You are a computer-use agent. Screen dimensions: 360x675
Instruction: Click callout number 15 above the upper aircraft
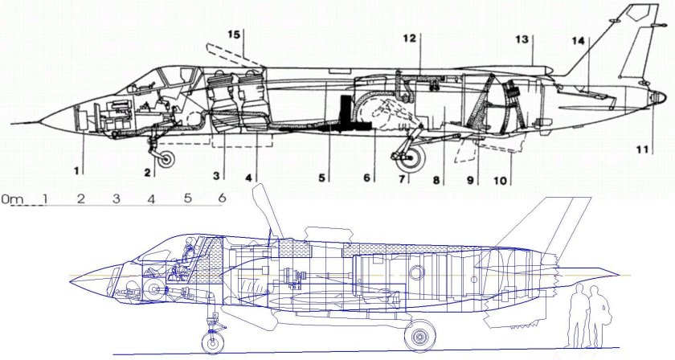(x=234, y=34)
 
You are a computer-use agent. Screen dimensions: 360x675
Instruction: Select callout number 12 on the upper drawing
(x=410, y=38)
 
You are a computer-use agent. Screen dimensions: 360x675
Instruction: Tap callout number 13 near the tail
(x=522, y=39)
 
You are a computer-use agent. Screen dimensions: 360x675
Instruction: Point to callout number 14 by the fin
(x=578, y=40)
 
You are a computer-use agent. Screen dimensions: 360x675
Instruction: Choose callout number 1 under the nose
(x=76, y=170)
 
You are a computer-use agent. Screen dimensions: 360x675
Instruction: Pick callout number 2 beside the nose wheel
(x=148, y=172)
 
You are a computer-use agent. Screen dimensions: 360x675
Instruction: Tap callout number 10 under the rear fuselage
(x=501, y=181)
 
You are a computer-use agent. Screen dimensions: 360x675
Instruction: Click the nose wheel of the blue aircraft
(x=212, y=343)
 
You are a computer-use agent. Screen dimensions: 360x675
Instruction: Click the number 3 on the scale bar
(x=116, y=198)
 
